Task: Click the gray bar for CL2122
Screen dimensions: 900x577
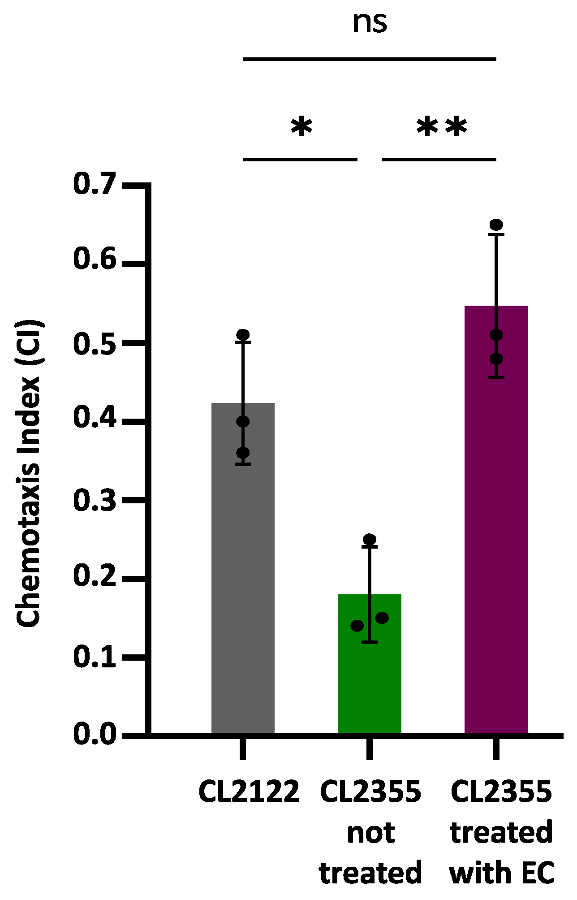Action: (x=243, y=583)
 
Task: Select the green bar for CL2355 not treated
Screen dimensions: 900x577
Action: (x=369, y=672)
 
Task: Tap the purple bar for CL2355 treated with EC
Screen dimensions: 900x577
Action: (x=496, y=538)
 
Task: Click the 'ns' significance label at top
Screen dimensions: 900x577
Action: (x=370, y=22)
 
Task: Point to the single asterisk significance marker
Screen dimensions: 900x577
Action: (x=301, y=128)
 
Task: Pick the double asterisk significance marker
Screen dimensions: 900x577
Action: (x=441, y=128)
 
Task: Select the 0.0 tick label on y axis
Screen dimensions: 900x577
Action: (x=94, y=734)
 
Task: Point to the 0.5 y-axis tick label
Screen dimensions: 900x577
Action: (x=94, y=343)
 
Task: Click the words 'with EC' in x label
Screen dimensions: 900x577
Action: (x=502, y=872)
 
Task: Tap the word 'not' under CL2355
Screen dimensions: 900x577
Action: (x=370, y=833)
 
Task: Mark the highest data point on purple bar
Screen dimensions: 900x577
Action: (x=496, y=225)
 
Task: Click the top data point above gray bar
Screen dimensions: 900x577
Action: (x=243, y=334)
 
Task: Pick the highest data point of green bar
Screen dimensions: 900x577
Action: (x=370, y=539)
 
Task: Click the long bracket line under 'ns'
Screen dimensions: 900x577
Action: (x=370, y=59)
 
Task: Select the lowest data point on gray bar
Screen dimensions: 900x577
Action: (x=243, y=453)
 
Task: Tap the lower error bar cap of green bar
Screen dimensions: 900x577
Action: (x=370, y=642)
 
